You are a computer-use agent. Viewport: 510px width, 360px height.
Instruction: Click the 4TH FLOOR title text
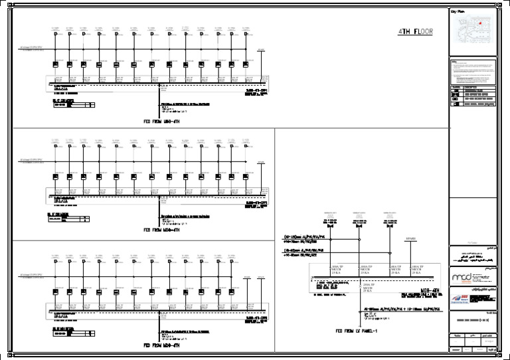pyautogui.click(x=415, y=32)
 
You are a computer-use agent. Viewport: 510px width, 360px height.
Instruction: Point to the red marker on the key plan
pyautogui.click(x=477, y=22)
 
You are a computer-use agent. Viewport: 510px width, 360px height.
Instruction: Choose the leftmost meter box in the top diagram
pyautogui.click(x=56, y=64)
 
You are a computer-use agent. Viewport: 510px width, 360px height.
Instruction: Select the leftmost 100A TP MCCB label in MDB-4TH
pyautogui.click(x=337, y=269)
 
